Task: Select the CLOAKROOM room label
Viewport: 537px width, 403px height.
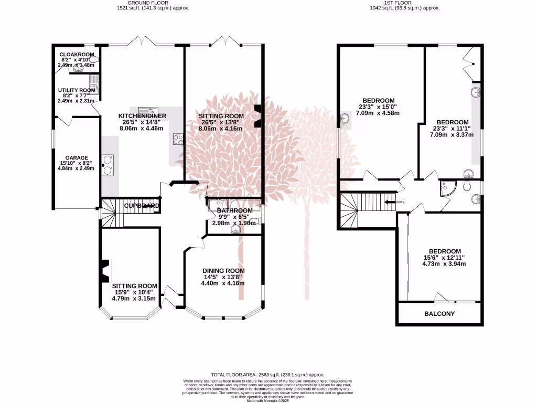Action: point(77,54)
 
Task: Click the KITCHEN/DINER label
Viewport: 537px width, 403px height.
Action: point(142,115)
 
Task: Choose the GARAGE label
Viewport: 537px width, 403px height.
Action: point(77,157)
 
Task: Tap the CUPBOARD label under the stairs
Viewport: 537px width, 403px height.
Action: point(141,206)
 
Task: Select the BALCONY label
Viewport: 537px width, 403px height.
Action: point(439,314)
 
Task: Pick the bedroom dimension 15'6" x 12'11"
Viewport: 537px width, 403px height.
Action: point(444,258)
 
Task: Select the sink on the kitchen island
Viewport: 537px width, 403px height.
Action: point(148,111)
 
